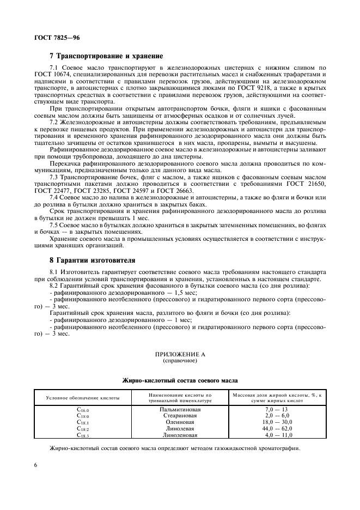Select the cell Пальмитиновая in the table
[180, 409]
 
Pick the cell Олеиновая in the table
[180, 422]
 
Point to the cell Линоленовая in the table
[180, 435]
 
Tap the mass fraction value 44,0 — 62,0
[278, 428]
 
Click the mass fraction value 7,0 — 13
[278, 409]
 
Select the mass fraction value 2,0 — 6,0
[278, 415]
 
